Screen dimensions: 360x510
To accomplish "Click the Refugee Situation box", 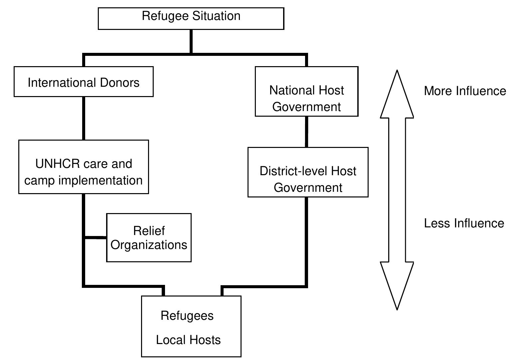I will click(191, 19).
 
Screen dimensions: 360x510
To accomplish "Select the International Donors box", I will click(84, 82).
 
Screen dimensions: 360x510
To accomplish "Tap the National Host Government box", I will click(306, 91).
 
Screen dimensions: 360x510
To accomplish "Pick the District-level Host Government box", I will click(308, 172).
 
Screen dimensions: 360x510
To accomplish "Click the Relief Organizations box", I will click(149, 238).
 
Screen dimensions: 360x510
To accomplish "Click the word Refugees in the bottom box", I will click(187, 315).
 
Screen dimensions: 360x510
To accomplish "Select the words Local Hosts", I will click(188, 340).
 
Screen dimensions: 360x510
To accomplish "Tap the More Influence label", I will click(464, 91).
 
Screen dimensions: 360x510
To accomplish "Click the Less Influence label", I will click(464, 223).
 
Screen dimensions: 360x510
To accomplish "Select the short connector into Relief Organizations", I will click(95, 238).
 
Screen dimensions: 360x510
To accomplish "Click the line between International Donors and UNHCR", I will click(84, 118).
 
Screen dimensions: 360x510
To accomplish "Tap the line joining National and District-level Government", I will click(306, 132).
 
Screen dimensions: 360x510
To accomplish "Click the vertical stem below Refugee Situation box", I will click(191, 41).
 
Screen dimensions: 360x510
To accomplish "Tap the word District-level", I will click(293, 171).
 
